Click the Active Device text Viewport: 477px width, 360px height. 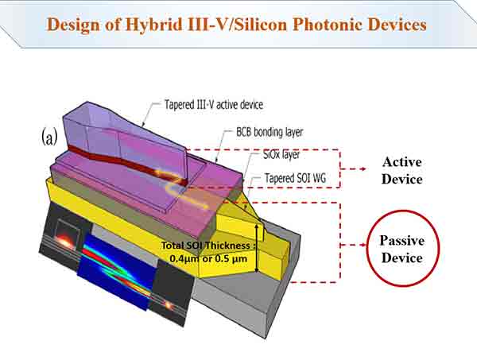[x=401, y=170]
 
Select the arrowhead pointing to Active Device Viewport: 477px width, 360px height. [x=364, y=169]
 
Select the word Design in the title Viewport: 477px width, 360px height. [x=76, y=24]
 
